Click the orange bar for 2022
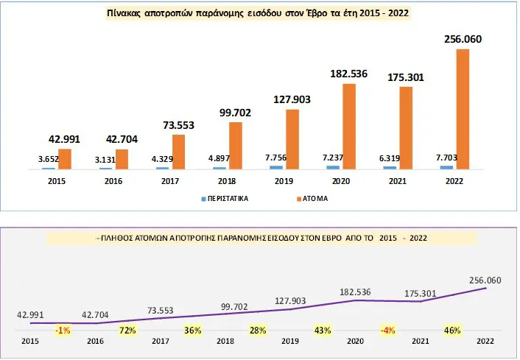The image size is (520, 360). point(463,109)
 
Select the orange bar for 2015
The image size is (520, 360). point(64,159)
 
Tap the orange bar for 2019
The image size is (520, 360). point(292,139)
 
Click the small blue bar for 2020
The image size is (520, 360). point(332,167)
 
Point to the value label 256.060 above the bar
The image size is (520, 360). point(463,39)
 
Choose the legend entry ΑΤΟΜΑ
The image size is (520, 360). point(312,198)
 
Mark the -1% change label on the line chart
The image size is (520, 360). point(63,330)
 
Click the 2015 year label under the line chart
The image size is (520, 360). point(30,342)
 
